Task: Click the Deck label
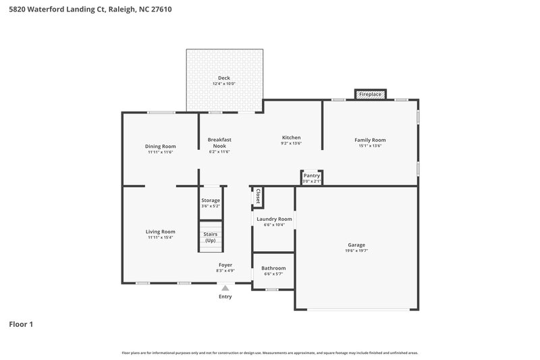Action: point(223,78)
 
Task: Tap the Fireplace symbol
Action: point(371,94)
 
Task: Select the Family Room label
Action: point(370,140)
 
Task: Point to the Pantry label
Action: point(311,176)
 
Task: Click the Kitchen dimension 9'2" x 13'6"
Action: point(291,143)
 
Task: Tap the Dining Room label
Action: point(161,146)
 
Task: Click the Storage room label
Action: point(211,200)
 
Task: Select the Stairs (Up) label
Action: point(211,237)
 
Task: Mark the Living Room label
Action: point(161,232)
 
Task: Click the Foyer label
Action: point(225,265)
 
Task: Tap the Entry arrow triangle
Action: point(225,287)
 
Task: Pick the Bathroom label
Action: point(273,268)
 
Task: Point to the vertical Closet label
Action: point(257,196)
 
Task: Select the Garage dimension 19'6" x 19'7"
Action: point(356,251)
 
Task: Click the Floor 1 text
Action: point(21,324)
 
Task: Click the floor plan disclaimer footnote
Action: point(270,353)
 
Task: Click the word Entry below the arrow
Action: point(225,297)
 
